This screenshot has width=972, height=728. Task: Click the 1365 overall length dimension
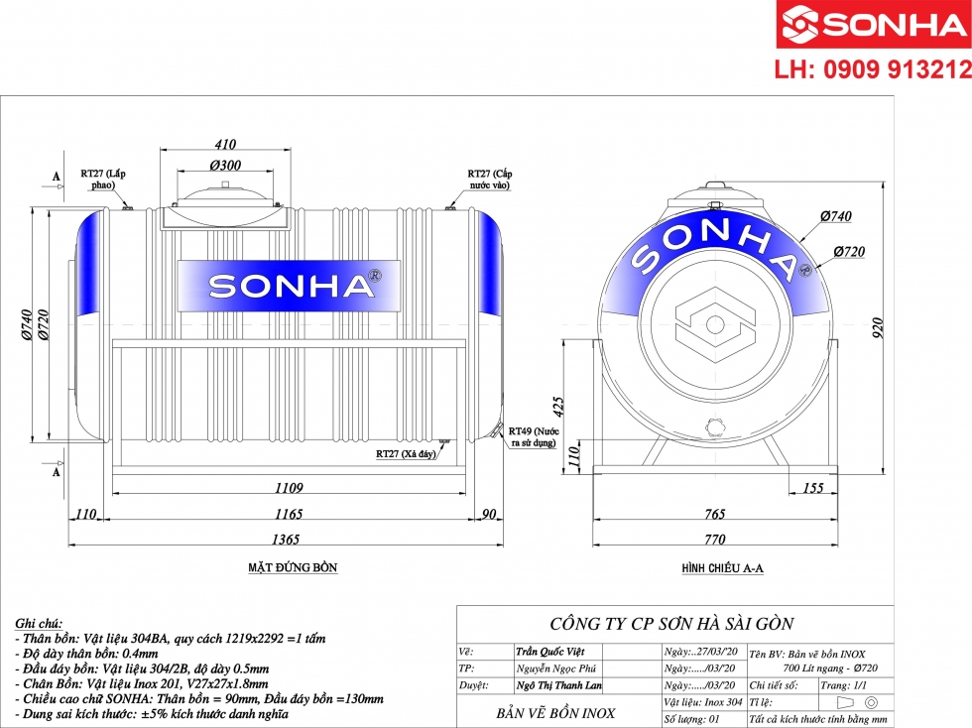click(286, 539)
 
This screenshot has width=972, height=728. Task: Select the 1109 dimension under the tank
click(289, 487)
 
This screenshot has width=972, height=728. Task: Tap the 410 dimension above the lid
click(225, 144)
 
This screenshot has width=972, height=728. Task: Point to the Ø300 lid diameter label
click(225, 165)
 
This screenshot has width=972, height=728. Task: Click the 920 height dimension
click(878, 327)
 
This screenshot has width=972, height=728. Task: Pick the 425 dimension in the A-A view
click(557, 407)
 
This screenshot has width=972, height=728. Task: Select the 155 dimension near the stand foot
click(812, 487)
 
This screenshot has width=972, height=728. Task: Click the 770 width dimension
click(715, 539)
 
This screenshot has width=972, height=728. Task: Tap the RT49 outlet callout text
click(534, 436)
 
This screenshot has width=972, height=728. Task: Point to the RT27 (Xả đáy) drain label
click(406, 454)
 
